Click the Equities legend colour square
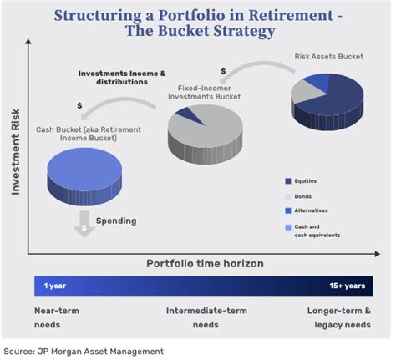pos(288,181)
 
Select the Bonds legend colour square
pos(288,197)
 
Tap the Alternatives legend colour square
pos(288,210)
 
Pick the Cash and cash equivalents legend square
pos(288,227)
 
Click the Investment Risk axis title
pos(16,152)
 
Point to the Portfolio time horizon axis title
pos(205,263)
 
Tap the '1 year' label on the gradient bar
pos(55,286)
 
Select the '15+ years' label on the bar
pos(348,286)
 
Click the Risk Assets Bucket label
pos(329,57)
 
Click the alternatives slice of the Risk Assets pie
pos(318,80)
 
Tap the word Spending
pos(116,221)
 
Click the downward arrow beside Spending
pos(84,224)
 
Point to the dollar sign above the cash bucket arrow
pos(79,105)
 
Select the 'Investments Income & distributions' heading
pos(122,78)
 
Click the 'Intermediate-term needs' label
pos(206,317)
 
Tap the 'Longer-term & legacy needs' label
pos(339,317)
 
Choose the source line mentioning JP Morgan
pos(84,352)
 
